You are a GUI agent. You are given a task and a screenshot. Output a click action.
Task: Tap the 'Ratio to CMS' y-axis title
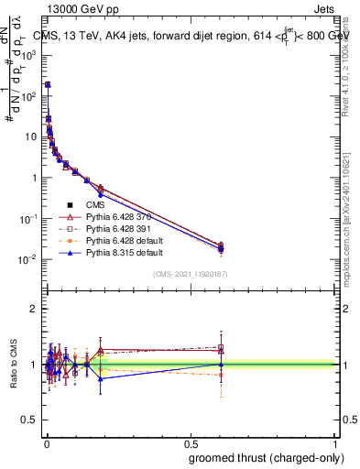15,365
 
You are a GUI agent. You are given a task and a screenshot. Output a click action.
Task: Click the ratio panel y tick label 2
33,309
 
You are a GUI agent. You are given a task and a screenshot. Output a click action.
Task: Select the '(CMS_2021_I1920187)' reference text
190,274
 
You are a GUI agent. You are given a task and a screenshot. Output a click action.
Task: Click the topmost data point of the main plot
48,84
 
